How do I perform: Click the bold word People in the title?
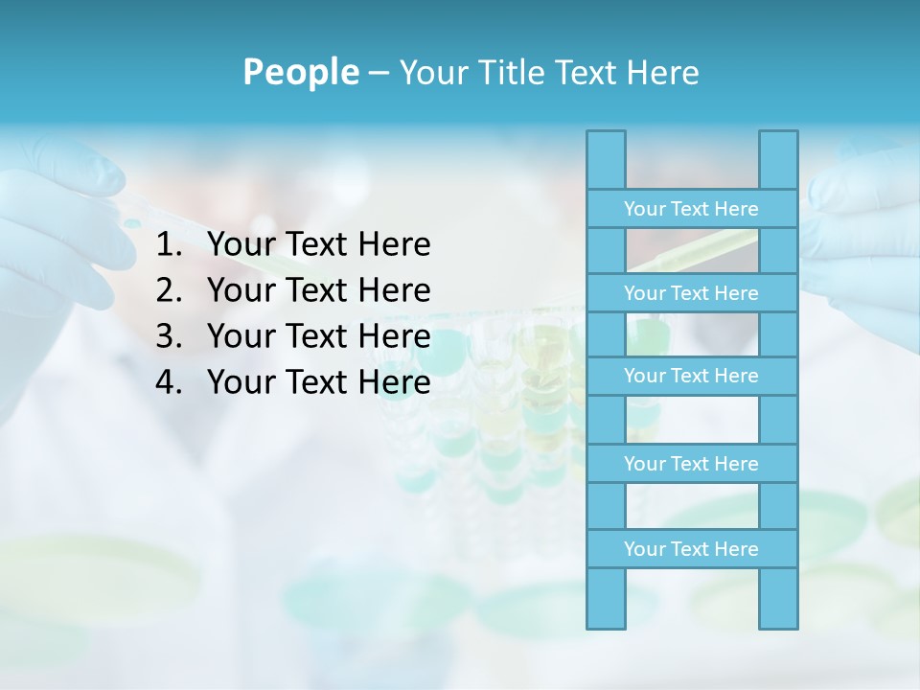tap(300, 72)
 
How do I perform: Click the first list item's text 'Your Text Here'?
tap(319, 245)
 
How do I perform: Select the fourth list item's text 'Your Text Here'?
tap(319, 382)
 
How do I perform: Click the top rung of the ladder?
tap(691, 209)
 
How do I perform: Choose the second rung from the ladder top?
tap(691, 293)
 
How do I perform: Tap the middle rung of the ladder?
tap(691, 376)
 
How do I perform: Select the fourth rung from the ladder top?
tap(691, 464)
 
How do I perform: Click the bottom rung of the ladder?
tap(691, 549)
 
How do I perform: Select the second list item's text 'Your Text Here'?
tap(319, 290)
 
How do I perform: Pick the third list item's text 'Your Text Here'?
tap(319, 336)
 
